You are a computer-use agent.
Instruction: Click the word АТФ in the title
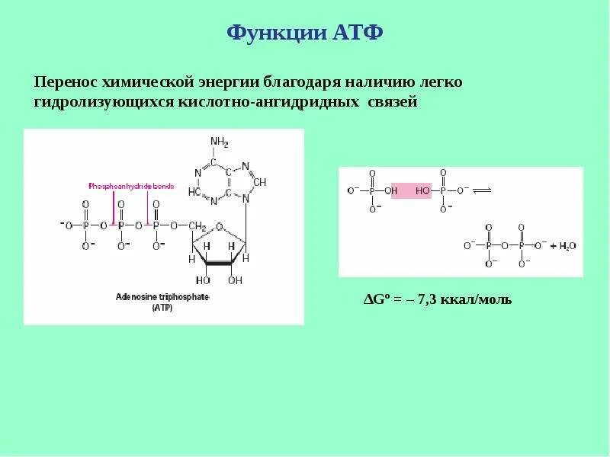tap(357, 34)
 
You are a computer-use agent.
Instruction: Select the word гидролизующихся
tap(98, 101)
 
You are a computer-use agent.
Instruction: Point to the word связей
tap(393, 101)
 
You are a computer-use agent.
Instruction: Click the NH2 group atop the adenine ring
tap(220, 142)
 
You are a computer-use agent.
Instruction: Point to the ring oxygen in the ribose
tap(220, 225)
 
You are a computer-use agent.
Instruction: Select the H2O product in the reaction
tap(567, 246)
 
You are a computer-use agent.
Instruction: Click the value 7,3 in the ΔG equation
tap(427, 299)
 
